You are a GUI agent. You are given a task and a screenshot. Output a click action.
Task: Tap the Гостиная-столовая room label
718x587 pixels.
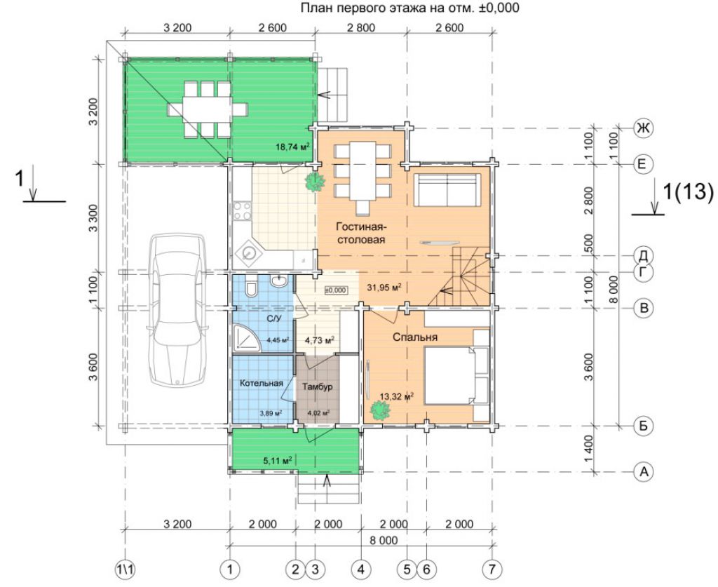click(361, 233)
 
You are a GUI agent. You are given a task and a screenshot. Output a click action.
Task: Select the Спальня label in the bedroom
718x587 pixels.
click(415, 337)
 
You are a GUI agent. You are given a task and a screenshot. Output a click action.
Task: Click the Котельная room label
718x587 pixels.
click(261, 383)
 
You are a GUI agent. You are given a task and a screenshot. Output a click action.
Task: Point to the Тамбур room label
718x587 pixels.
click(318, 387)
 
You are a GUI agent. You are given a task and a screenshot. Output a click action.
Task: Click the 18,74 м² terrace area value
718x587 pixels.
click(292, 147)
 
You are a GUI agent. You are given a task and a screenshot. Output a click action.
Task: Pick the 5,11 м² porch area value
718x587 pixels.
click(278, 461)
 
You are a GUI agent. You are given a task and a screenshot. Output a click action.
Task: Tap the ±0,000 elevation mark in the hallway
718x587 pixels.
click(336, 290)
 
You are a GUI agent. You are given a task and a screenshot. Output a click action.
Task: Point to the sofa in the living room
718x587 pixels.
click(447, 189)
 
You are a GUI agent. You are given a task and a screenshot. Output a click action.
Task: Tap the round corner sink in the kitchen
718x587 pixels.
click(249, 252)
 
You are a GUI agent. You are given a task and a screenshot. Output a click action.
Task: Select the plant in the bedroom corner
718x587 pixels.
click(380, 410)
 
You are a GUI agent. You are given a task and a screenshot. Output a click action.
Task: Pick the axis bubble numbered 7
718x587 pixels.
click(492, 569)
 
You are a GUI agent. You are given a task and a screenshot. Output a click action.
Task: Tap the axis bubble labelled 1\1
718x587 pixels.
click(126, 569)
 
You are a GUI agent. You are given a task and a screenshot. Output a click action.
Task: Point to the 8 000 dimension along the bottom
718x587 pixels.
click(384, 541)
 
